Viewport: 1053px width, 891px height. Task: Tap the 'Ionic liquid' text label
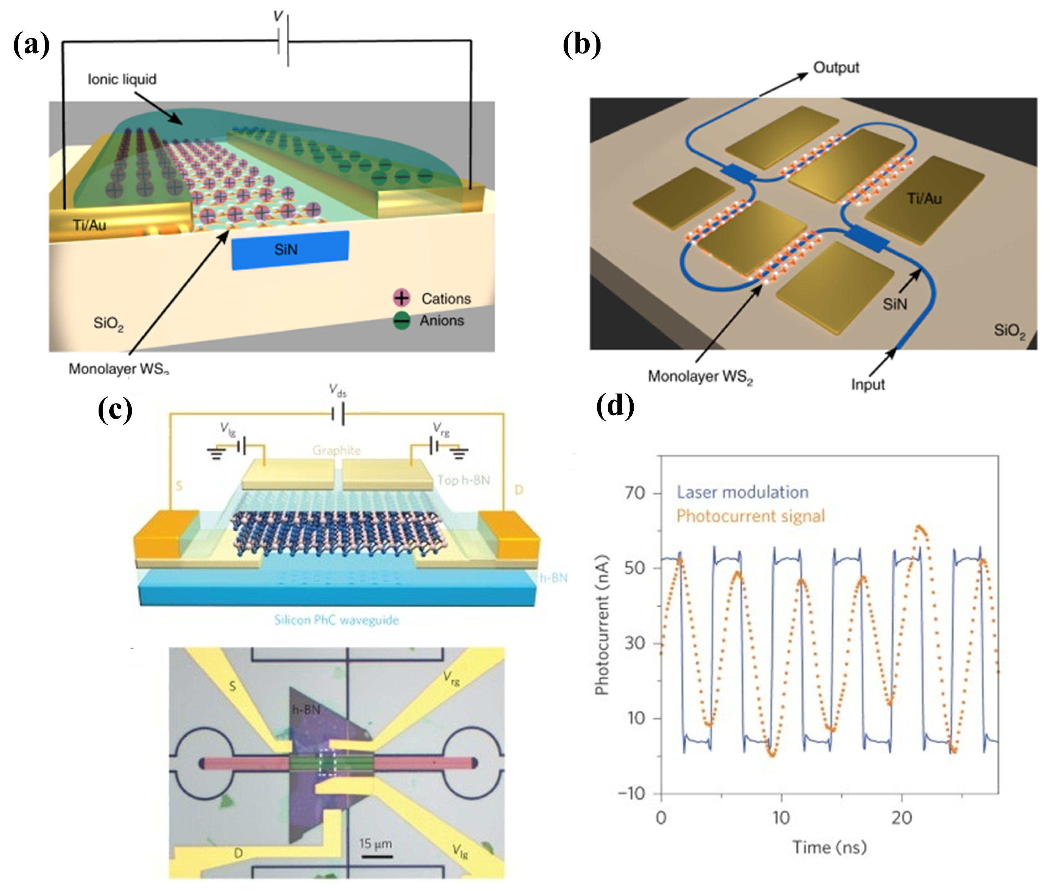coord(122,79)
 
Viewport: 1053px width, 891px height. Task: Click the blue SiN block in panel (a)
coord(290,250)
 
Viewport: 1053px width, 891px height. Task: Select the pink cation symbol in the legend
coord(401,298)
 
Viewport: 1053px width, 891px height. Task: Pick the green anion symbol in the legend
coord(401,320)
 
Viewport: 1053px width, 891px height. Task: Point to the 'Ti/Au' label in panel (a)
coord(89,225)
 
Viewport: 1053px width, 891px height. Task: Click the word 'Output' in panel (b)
coord(836,67)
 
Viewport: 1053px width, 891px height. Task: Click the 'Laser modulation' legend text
coord(742,492)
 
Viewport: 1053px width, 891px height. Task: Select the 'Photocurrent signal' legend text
coord(750,516)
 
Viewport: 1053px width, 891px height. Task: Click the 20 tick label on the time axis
coord(902,818)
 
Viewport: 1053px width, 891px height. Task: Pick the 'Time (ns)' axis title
coord(829,847)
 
